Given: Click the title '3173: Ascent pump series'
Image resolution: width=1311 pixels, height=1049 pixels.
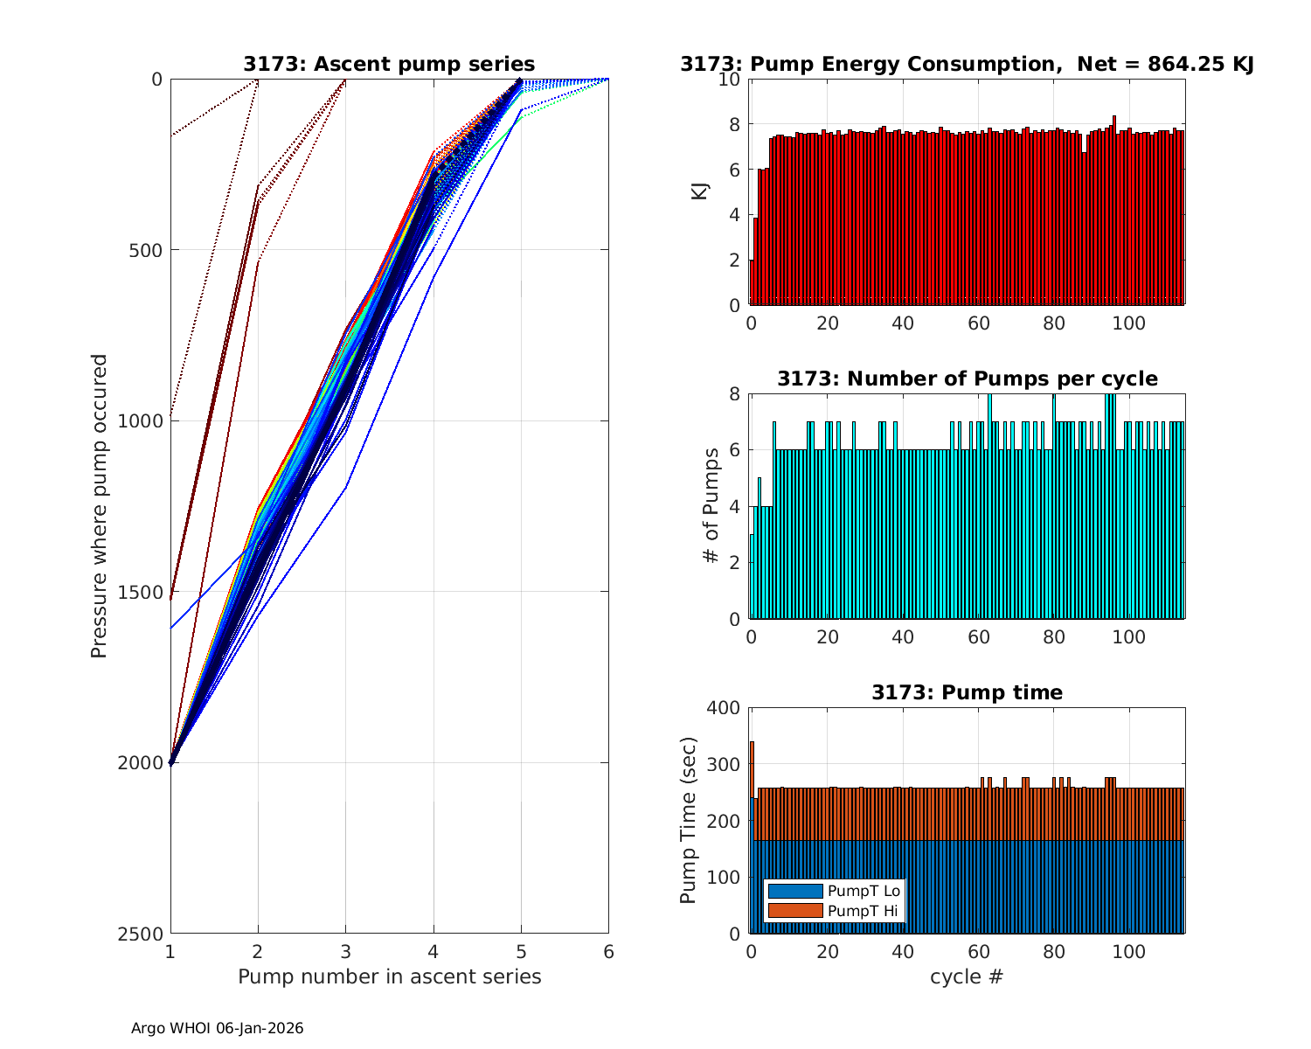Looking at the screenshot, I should (x=389, y=64).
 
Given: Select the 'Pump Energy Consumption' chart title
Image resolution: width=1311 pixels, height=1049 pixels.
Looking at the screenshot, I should (x=967, y=64).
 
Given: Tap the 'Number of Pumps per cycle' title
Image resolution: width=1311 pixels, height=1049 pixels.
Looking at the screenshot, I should (x=967, y=379).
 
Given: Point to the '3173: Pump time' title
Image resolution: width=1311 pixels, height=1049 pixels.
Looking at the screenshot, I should (x=967, y=692).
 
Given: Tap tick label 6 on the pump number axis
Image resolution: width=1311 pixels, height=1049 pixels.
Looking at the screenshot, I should (x=608, y=952).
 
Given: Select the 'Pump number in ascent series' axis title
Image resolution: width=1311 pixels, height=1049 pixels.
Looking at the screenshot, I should (x=389, y=976).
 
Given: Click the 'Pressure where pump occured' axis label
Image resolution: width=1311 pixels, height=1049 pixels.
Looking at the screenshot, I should (x=99, y=506).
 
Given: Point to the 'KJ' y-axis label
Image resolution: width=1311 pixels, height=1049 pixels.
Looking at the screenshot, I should (x=700, y=191).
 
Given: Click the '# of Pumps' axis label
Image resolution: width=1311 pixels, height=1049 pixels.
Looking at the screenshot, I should (x=712, y=506).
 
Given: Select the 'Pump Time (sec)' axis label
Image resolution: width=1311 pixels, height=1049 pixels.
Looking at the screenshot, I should (x=688, y=821).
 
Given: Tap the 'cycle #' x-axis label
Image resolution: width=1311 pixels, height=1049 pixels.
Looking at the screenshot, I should (x=967, y=976).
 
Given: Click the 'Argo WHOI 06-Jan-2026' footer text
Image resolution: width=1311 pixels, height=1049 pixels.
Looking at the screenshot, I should (x=217, y=1028).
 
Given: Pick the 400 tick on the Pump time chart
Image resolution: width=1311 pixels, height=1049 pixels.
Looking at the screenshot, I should (x=727, y=708).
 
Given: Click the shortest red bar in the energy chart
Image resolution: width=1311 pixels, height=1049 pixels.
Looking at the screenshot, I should (x=752, y=282).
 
